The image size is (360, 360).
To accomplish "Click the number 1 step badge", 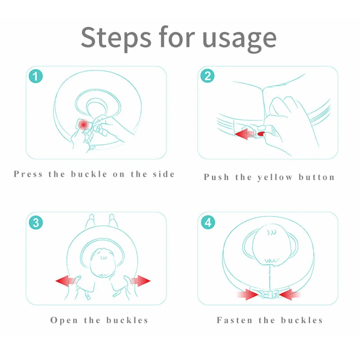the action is pyautogui.click(x=36, y=76).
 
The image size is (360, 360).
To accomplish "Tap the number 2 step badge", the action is pyautogui.click(x=207, y=76).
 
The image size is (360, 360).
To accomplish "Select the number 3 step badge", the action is pyautogui.click(x=36, y=222).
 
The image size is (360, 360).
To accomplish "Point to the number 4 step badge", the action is pyautogui.click(x=208, y=222).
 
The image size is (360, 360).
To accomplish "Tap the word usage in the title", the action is pyautogui.click(x=239, y=39).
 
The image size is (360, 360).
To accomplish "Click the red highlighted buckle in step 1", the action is pyautogui.click(x=83, y=124).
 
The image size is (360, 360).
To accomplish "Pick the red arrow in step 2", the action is pyautogui.click(x=244, y=134).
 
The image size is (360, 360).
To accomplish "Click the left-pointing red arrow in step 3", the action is pyautogui.click(x=66, y=280).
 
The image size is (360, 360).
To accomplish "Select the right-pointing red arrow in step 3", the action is pyautogui.click(x=140, y=280).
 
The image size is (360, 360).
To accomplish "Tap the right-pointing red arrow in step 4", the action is pyautogui.click(x=247, y=295).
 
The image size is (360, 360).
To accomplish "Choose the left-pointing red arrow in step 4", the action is pyautogui.click(x=289, y=295).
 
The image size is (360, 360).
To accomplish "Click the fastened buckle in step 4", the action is pyautogui.click(x=269, y=294).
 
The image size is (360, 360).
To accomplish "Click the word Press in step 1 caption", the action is pyautogui.click(x=28, y=174).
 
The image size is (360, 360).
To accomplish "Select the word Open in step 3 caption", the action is pyautogui.click(x=64, y=320).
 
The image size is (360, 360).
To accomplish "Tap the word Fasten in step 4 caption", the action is pyautogui.click(x=234, y=320).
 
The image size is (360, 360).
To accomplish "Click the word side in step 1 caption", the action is pyautogui.click(x=164, y=174).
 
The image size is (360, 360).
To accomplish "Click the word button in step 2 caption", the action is pyautogui.click(x=317, y=177).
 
